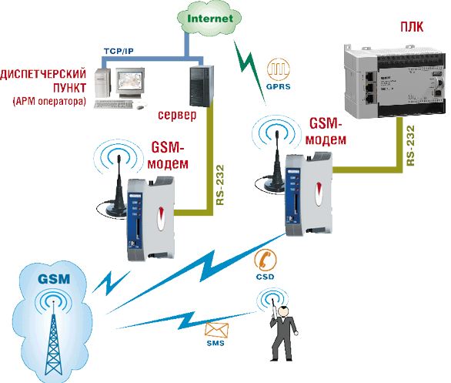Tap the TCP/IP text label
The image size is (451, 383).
(x=120, y=51)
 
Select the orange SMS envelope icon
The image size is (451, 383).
(x=215, y=331)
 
